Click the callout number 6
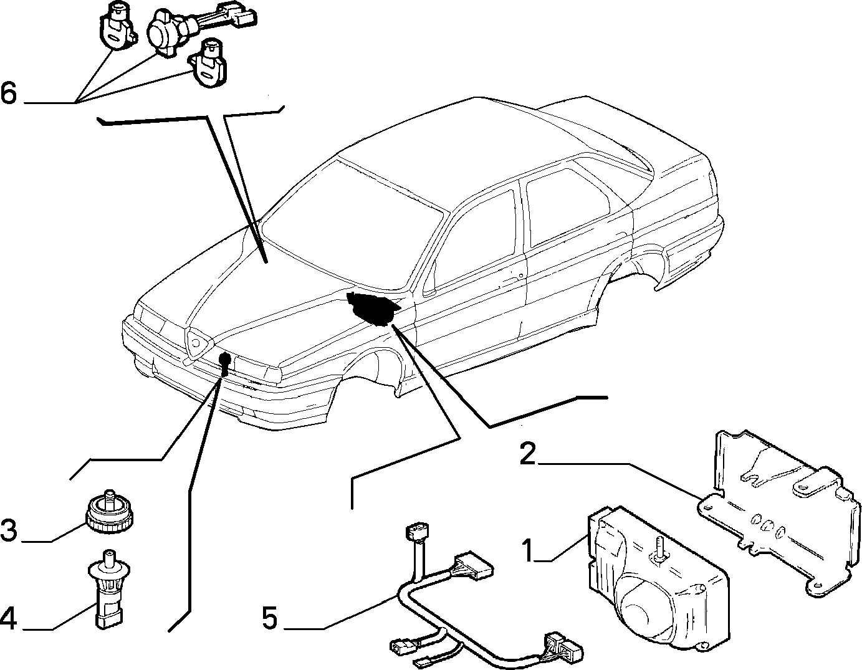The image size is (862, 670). click(9, 94)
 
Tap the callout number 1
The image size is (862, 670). click(528, 550)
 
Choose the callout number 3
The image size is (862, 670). click(9, 531)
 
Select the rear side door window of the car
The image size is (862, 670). click(567, 206)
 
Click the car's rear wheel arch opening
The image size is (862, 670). click(635, 266)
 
